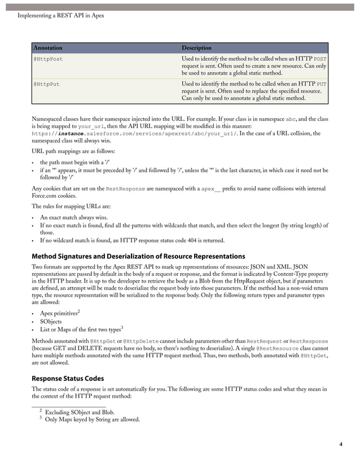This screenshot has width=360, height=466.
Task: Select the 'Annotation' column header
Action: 48,48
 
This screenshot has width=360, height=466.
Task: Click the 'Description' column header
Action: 196,48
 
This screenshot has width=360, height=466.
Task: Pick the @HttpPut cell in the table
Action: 46,84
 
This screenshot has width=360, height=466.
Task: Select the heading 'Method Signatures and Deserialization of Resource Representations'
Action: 138,256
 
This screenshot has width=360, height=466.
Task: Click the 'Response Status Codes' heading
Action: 68,379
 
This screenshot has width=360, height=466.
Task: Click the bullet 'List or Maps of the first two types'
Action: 80,329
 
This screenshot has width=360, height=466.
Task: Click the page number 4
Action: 341,445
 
